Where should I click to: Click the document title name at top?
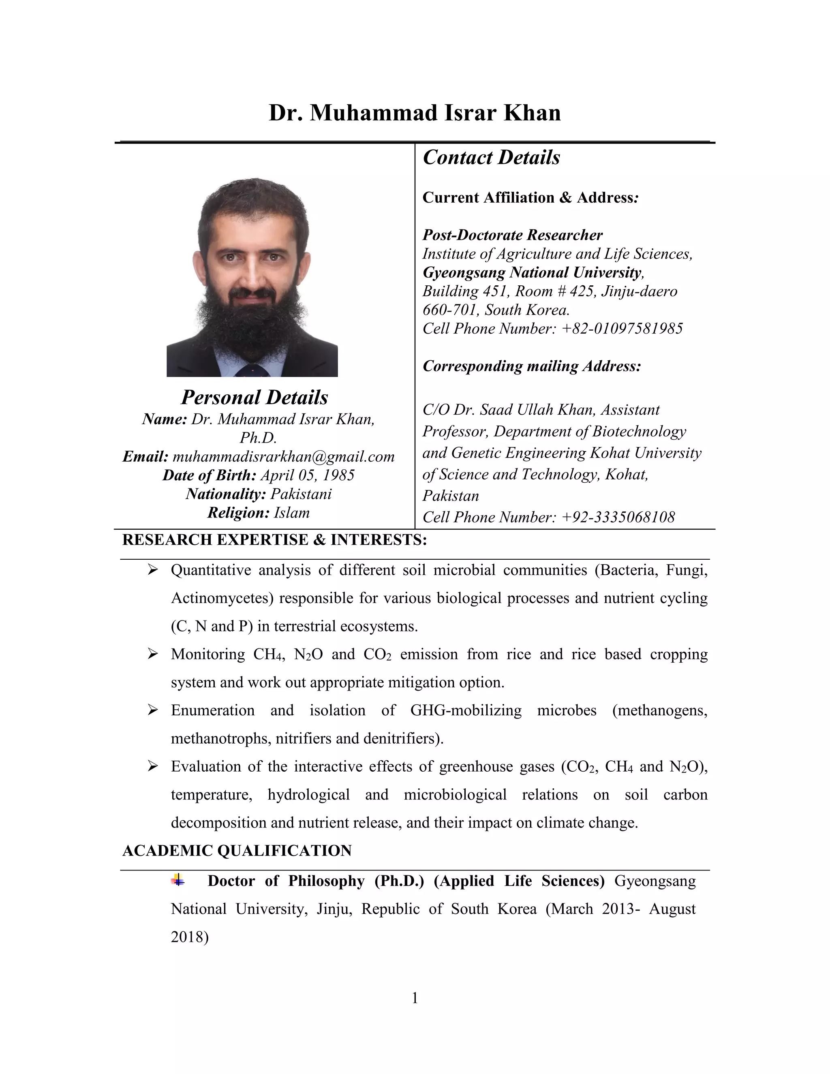(415, 113)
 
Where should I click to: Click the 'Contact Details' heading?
(491, 157)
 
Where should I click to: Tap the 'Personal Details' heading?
(254, 397)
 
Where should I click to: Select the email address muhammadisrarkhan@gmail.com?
(283, 456)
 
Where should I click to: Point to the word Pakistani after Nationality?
(301, 494)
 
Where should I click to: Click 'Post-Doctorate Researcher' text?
(512, 235)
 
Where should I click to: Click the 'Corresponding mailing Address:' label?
(532, 366)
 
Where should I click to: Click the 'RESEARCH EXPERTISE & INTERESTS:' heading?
(274, 540)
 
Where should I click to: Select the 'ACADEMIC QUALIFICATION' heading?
(237, 851)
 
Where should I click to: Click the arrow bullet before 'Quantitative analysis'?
(152, 570)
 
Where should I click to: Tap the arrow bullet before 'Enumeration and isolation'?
(152, 710)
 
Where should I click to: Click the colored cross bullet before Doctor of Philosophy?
(178, 880)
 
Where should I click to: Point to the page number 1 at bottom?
(415, 998)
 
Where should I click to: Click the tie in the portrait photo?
(252, 371)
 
